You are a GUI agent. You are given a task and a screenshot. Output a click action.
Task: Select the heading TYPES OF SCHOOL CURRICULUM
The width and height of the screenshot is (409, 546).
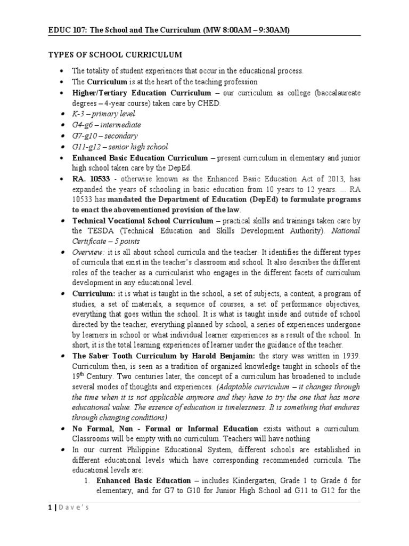[x=115, y=55]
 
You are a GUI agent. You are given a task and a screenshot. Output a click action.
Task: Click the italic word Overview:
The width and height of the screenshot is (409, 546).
[x=88, y=252]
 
